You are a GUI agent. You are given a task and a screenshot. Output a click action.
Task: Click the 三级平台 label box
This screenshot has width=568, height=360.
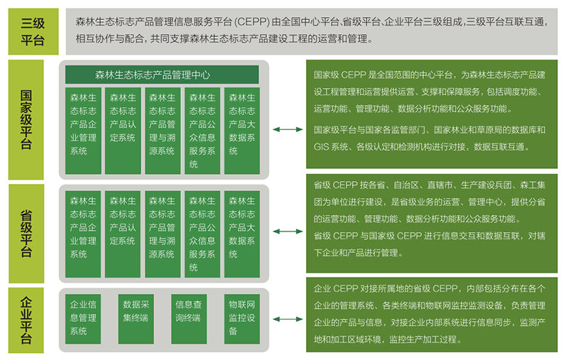[x=33, y=31]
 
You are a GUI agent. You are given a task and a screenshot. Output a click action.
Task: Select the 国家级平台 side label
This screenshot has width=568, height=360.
[x=26, y=119]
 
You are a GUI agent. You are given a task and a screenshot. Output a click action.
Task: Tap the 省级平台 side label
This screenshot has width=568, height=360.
[x=26, y=234]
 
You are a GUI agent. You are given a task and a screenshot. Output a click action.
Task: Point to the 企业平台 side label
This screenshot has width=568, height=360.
[x=26, y=320]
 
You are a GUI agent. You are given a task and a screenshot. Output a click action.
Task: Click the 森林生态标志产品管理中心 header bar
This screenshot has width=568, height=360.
[x=162, y=75]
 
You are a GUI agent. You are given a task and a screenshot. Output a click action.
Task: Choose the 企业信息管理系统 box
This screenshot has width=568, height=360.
[x=83, y=319]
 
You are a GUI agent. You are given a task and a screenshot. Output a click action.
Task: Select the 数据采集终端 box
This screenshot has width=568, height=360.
[x=136, y=319]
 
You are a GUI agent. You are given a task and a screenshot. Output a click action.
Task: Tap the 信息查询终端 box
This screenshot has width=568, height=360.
[x=189, y=319]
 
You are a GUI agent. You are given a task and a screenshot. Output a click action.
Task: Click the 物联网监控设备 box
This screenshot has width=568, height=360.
[x=242, y=319]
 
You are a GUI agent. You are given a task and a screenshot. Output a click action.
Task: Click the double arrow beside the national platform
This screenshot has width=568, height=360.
[x=288, y=129]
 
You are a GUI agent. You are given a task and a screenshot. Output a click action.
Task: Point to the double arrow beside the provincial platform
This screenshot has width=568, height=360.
[x=288, y=231]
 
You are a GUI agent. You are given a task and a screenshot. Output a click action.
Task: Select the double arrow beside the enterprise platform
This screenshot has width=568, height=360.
[x=288, y=319]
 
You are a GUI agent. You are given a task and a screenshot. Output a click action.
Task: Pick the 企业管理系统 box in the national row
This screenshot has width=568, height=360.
[x=83, y=131]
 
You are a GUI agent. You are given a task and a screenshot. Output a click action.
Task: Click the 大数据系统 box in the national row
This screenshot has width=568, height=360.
[x=242, y=131]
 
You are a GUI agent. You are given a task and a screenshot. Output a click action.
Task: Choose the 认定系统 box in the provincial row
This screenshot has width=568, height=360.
[x=123, y=234]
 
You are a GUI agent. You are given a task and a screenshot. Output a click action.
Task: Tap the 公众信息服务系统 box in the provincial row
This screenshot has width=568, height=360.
[x=202, y=234]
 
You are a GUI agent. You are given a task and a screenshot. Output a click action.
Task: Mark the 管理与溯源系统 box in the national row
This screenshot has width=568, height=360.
[x=163, y=131]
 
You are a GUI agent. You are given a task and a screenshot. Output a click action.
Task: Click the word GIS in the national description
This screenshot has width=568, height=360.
[x=322, y=147]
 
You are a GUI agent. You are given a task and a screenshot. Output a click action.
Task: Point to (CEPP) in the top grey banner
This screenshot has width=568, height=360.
[x=252, y=22]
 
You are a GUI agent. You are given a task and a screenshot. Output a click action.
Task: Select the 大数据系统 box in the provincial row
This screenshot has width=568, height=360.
[x=242, y=234]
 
